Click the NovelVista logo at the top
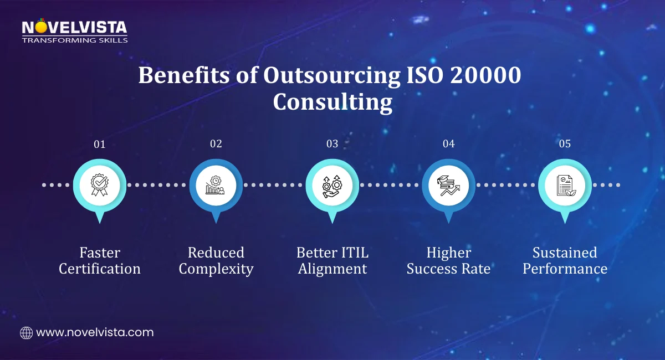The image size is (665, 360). pos(74,31)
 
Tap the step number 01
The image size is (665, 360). pos(100,144)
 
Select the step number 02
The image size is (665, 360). pos(216,144)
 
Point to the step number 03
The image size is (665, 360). pos(332,144)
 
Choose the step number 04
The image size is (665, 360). pos(449,144)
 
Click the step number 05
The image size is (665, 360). pos(565,144)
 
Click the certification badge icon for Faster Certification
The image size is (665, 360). pos(100,185)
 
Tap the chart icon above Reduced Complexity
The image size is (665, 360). pos(216,185)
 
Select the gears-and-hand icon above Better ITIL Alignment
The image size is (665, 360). pos(332,185)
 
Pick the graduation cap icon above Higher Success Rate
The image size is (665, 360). pos(449,185)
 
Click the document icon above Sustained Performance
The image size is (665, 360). pos(565,185)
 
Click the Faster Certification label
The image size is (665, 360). pos(100,261)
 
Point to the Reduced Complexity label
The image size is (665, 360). pos(216,261)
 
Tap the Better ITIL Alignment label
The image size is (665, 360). pos(332,261)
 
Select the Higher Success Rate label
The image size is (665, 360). pos(449,261)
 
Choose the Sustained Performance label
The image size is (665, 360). pos(565,261)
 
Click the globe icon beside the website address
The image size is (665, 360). pos(26,333)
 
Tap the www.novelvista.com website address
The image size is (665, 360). pos(95,333)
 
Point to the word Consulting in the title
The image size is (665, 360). pos(332,103)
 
